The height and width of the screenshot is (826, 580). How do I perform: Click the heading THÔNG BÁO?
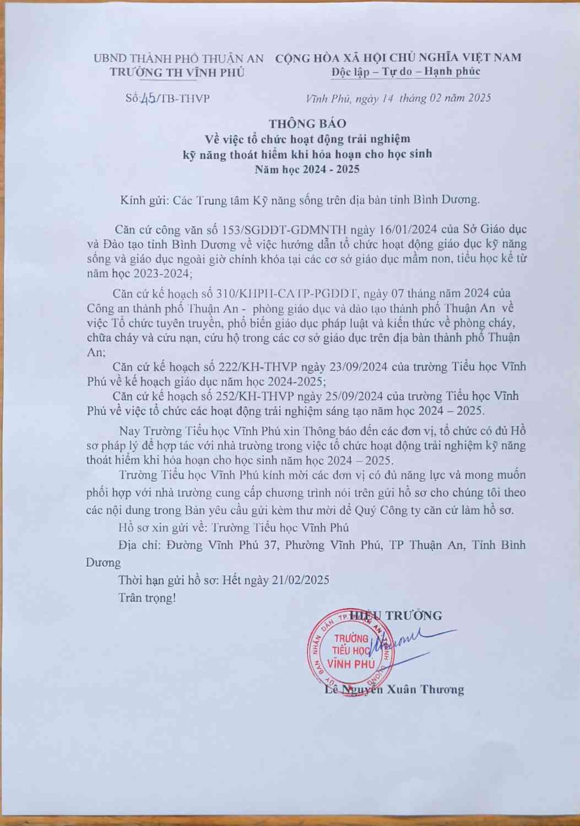(307, 123)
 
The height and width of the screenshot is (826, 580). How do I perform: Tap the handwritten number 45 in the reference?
(148, 99)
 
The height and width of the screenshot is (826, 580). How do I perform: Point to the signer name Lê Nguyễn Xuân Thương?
(394, 689)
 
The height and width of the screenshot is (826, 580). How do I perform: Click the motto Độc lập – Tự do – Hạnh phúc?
(406, 72)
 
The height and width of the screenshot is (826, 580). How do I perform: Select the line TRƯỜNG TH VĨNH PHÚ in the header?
(177, 72)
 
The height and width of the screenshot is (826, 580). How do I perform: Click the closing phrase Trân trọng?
(147, 597)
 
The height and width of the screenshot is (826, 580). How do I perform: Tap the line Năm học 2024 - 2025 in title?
(307, 169)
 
